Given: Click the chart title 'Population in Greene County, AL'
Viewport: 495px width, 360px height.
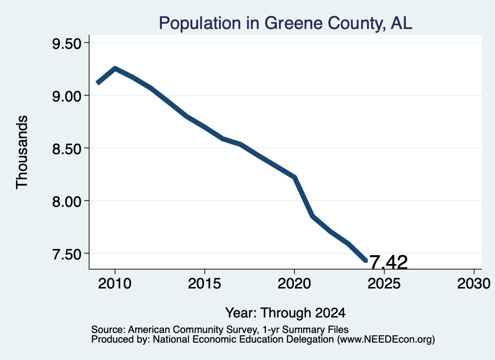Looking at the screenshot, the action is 285,23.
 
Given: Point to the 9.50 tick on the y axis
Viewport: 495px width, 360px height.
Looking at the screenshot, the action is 67,43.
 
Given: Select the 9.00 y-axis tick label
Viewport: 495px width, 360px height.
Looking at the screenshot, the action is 67,96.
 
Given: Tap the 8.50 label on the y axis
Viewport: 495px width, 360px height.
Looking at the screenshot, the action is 67,149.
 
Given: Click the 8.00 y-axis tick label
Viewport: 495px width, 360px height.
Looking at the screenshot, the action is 67,202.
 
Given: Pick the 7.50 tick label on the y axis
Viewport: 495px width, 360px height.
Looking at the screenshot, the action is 67,254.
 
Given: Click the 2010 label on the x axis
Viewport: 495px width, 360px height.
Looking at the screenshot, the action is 115,283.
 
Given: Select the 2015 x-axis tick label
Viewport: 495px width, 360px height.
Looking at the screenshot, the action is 204,283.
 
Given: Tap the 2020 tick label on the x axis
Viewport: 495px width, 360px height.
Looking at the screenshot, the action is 294,283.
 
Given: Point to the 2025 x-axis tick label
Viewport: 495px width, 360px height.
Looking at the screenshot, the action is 384,283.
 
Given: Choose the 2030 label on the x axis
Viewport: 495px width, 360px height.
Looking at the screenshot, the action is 474,283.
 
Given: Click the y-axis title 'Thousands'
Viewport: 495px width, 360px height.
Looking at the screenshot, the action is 22,152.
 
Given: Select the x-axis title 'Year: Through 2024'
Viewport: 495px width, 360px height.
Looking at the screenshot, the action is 285,313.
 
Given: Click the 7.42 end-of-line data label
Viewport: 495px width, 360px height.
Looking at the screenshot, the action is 388,262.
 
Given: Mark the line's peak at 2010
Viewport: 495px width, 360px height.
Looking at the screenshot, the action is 115,68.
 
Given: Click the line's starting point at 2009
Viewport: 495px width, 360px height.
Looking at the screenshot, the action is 98,83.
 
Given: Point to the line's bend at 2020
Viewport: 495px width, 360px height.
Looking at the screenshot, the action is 294,177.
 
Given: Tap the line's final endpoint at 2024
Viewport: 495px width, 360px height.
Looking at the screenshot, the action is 366,260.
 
